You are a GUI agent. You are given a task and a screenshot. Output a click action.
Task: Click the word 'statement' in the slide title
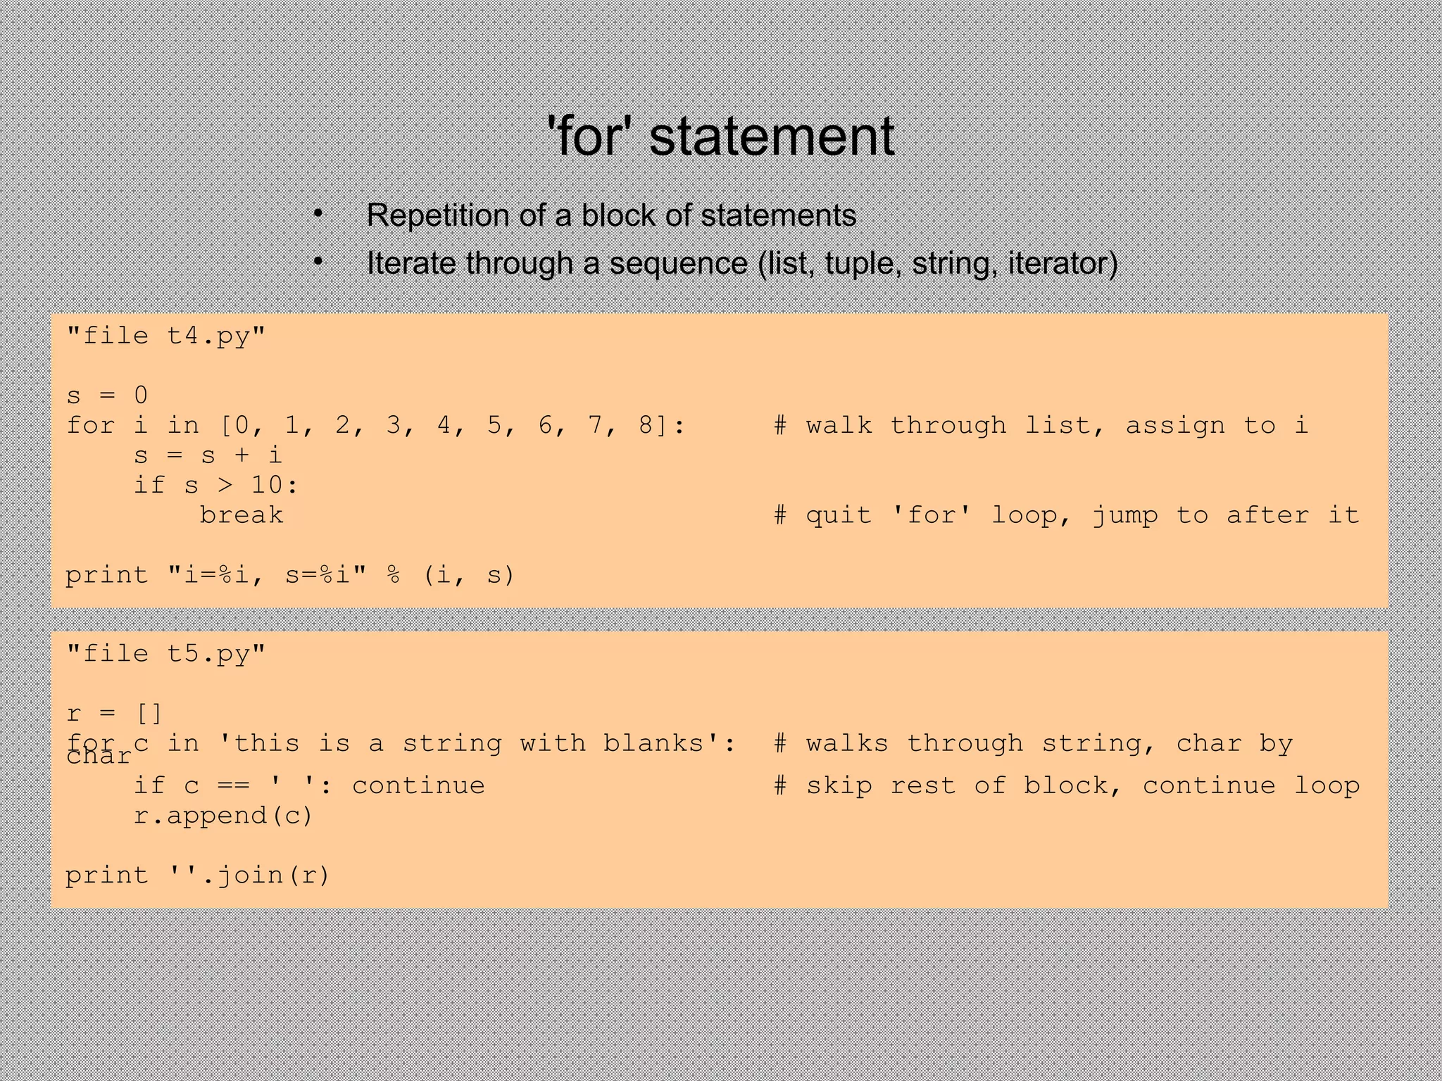(771, 137)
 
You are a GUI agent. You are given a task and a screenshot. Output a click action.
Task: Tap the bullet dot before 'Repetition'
(318, 213)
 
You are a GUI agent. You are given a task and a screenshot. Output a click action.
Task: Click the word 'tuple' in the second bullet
(862, 263)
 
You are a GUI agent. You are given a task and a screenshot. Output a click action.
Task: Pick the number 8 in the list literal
(646, 425)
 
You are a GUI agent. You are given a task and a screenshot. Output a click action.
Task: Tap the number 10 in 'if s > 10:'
(267, 485)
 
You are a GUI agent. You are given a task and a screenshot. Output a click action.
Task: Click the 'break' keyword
(242, 515)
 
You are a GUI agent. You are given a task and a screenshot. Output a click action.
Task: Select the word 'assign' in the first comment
(1174, 425)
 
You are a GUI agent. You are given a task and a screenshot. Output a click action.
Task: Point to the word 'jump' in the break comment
(1124, 515)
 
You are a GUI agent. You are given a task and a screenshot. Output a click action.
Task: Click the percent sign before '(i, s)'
(394, 575)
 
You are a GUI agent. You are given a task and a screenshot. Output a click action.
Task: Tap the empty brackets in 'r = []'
(149, 714)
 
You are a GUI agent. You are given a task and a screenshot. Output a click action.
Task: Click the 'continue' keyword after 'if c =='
(418, 785)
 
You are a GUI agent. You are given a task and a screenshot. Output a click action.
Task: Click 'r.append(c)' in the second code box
(223, 816)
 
